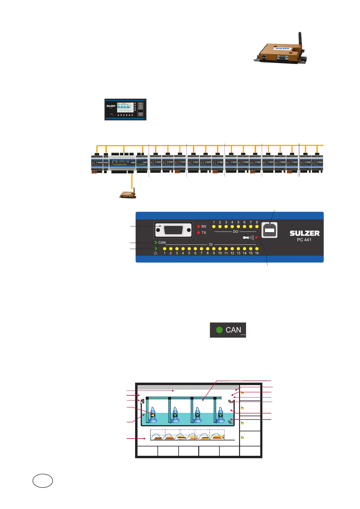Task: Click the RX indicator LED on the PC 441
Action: click(x=199, y=226)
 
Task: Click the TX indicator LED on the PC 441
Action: click(x=199, y=233)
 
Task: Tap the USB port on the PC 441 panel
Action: click(x=269, y=230)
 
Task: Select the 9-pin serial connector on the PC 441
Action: click(x=173, y=230)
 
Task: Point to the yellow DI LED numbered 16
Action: click(x=257, y=249)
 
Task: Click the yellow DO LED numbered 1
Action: click(x=214, y=226)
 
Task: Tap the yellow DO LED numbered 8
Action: click(x=257, y=226)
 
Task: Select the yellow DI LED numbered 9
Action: click(x=214, y=249)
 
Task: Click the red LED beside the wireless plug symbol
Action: click(x=257, y=238)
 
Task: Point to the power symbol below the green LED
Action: click(x=155, y=253)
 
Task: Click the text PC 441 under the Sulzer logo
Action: click(x=304, y=240)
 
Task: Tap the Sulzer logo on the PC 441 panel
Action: click(x=305, y=233)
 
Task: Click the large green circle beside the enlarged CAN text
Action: click(x=219, y=330)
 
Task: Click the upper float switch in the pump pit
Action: click(x=230, y=401)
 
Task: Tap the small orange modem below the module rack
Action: click(x=128, y=194)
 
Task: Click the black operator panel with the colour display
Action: click(x=125, y=109)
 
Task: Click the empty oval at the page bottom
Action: click(x=43, y=481)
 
